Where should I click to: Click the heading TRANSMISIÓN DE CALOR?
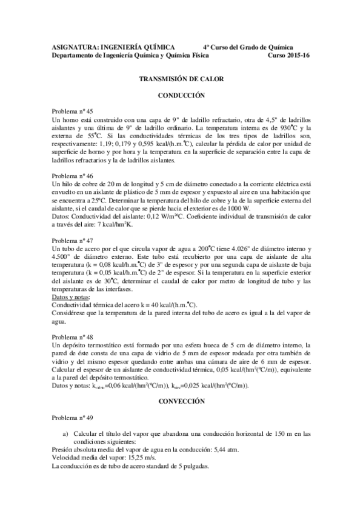(x=182, y=79)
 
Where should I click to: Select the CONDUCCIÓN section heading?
(x=182, y=95)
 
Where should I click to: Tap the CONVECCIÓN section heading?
(x=182, y=401)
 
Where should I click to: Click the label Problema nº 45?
(x=73, y=112)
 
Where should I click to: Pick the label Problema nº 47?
(x=73, y=239)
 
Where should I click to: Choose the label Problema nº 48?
(x=73, y=336)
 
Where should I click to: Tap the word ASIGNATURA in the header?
(x=74, y=47)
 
